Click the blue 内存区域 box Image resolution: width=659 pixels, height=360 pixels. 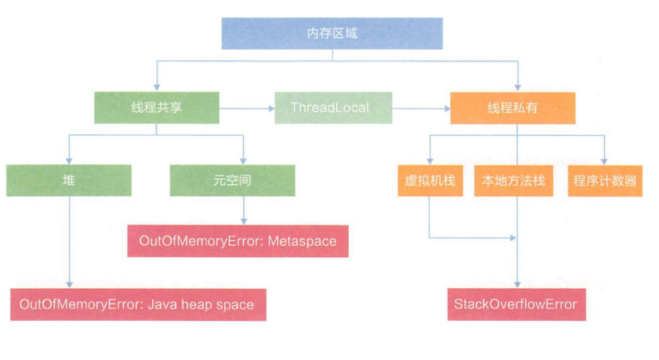tap(332, 33)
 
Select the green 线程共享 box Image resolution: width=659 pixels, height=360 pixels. tap(157, 107)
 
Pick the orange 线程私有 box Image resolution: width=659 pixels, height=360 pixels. tap(513, 108)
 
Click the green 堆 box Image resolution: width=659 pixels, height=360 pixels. tap(69, 181)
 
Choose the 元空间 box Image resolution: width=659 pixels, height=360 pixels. tap(233, 181)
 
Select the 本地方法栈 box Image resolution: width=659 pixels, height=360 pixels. tap(513, 181)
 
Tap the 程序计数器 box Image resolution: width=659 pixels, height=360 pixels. tap(605, 181)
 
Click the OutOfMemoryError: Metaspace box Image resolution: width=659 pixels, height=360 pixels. tap(238, 240)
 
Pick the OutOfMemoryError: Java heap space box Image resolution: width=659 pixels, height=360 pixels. tap(137, 304)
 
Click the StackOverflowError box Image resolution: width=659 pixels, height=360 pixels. tap(515, 304)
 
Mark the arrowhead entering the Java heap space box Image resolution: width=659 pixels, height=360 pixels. tap(69, 284)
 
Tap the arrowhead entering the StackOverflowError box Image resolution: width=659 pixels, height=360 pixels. tap(517, 284)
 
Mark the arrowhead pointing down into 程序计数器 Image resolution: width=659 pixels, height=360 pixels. tap(605, 160)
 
